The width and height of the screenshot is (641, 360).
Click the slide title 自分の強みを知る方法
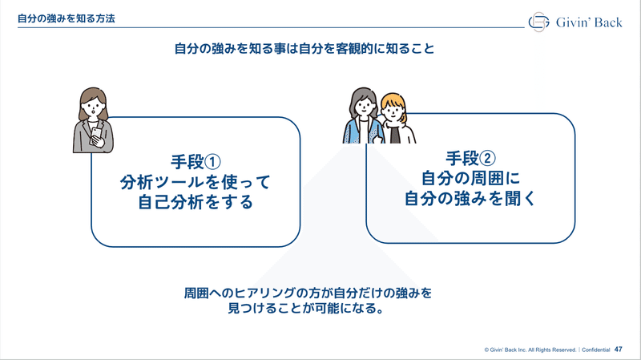point(67,18)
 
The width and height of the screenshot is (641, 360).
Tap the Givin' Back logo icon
point(538,22)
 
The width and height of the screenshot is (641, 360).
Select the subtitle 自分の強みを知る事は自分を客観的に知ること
point(304,49)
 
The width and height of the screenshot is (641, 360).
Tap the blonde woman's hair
point(394,103)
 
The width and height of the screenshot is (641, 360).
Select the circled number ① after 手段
point(212,162)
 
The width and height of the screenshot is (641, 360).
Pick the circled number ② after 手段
point(487,158)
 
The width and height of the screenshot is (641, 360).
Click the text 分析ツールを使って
point(196,182)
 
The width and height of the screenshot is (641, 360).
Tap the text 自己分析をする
point(196,202)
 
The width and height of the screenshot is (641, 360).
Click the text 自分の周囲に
point(470,178)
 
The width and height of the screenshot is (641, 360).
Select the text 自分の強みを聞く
point(470,198)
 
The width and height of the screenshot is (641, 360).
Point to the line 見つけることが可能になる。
point(306,308)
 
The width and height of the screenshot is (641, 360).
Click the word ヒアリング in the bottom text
point(265,293)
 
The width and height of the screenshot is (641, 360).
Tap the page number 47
point(618,350)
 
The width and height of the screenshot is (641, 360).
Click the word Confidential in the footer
point(595,350)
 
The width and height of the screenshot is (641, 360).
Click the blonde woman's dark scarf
point(394,132)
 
